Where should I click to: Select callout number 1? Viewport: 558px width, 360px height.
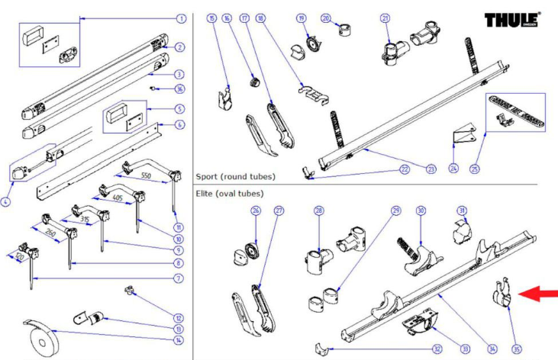181,18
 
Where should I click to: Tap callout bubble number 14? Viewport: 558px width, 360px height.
179,340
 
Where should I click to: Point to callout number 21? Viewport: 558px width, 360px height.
385,18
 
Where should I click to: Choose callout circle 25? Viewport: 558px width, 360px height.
475,169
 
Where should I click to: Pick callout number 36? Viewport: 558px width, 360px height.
180,89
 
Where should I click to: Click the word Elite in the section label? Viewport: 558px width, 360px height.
206,194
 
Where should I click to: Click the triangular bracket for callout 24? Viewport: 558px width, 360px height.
461,137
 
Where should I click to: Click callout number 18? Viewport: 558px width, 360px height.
260,18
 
